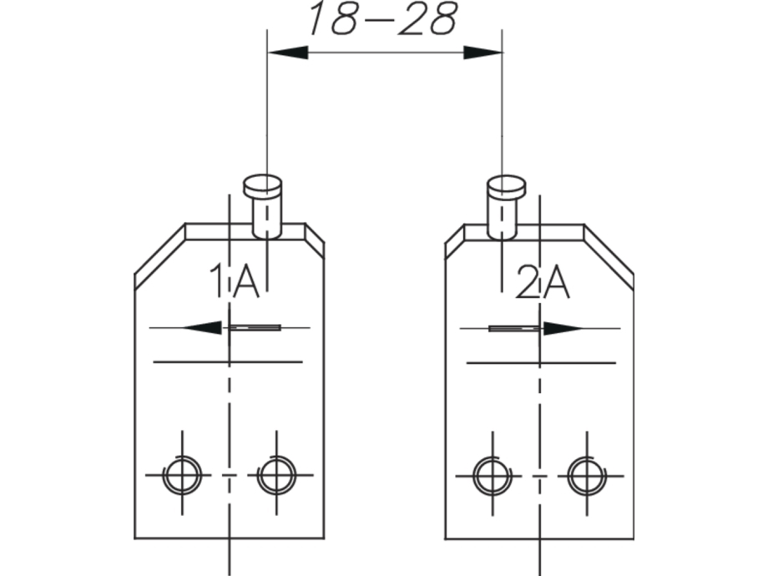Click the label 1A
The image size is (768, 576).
[234, 280]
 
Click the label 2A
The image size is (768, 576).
[543, 282]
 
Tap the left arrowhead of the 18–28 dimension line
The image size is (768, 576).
[288, 53]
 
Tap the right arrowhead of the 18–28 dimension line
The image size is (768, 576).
[483, 53]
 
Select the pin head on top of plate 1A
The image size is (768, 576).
[262, 184]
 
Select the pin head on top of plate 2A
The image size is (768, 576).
[506, 185]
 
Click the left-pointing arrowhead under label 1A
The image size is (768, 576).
[202, 328]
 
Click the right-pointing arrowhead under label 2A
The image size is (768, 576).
[563, 329]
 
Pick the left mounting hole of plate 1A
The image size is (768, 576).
[182, 475]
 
